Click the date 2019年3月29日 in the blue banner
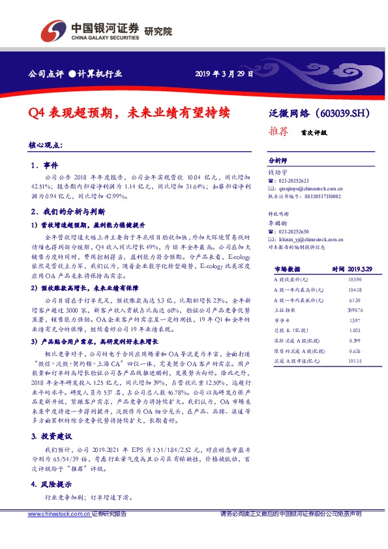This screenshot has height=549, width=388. (x=224, y=73)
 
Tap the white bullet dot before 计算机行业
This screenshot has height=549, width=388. (x=73, y=73)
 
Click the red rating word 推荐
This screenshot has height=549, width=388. (x=278, y=130)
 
